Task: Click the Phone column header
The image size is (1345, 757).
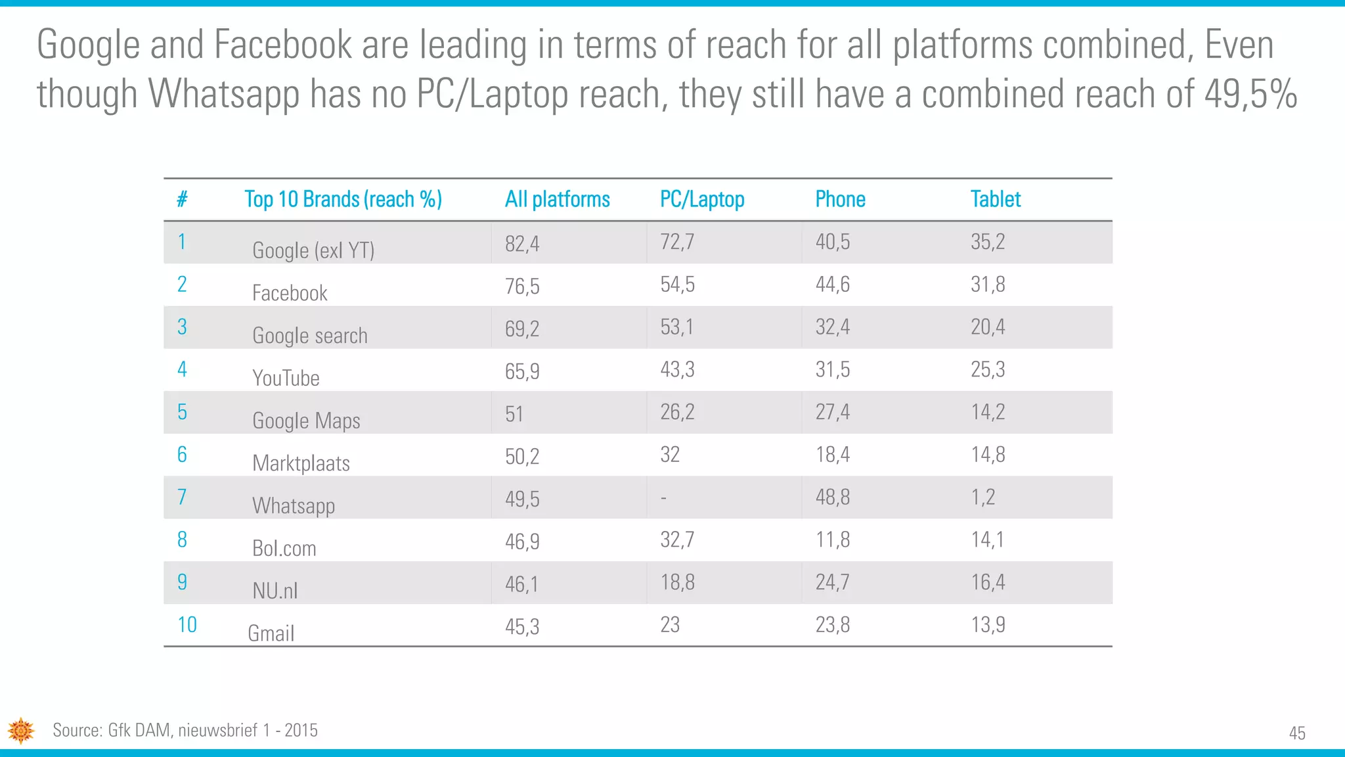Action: pyautogui.click(x=840, y=199)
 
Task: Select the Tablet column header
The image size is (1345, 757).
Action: pyautogui.click(x=995, y=199)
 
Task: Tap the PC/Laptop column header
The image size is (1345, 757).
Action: pyautogui.click(x=701, y=199)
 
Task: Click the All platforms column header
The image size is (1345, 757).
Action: pyautogui.click(x=557, y=199)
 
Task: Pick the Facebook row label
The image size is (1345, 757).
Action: pyautogui.click(x=290, y=293)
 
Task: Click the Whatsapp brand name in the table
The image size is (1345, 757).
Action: pyautogui.click(x=294, y=506)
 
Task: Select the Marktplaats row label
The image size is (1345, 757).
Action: pyautogui.click(x=301, y=463)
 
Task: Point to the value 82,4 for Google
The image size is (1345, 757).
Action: pyautogui.click(x=522, y=244)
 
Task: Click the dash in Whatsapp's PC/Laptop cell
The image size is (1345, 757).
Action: pyautogui.click(x=663, y=499)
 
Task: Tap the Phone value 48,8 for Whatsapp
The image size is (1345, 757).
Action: pyautogui.click(x=832, y=497)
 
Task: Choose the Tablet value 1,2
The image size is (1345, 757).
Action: pyautogui.click(x=982, y=497)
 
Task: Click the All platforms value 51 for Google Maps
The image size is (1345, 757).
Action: pyautogui.click(x=514, y=414)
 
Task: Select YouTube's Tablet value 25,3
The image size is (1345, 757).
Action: pyautogui.click(x=988, y=369)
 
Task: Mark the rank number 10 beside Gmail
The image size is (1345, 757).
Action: pyautogui.click(x=187, y=624)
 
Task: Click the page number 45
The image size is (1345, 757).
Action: pyautogui.click(x=1296, y=733)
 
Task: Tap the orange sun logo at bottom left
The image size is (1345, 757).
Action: pyautogui.click(x=21, y=731)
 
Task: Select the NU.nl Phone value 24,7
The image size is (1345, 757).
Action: pyautogui.click(x=832, y=582)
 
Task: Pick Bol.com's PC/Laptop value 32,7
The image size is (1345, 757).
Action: pyautogui.click(x=677, y=540)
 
